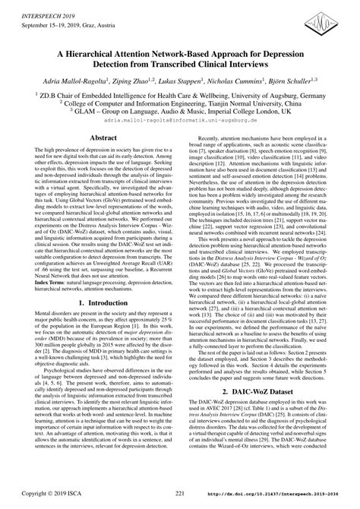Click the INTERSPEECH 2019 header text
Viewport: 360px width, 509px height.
pyautogui.click(x=38, y=6)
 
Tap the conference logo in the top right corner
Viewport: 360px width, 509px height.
pyautogui.click(x=330, y=17)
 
